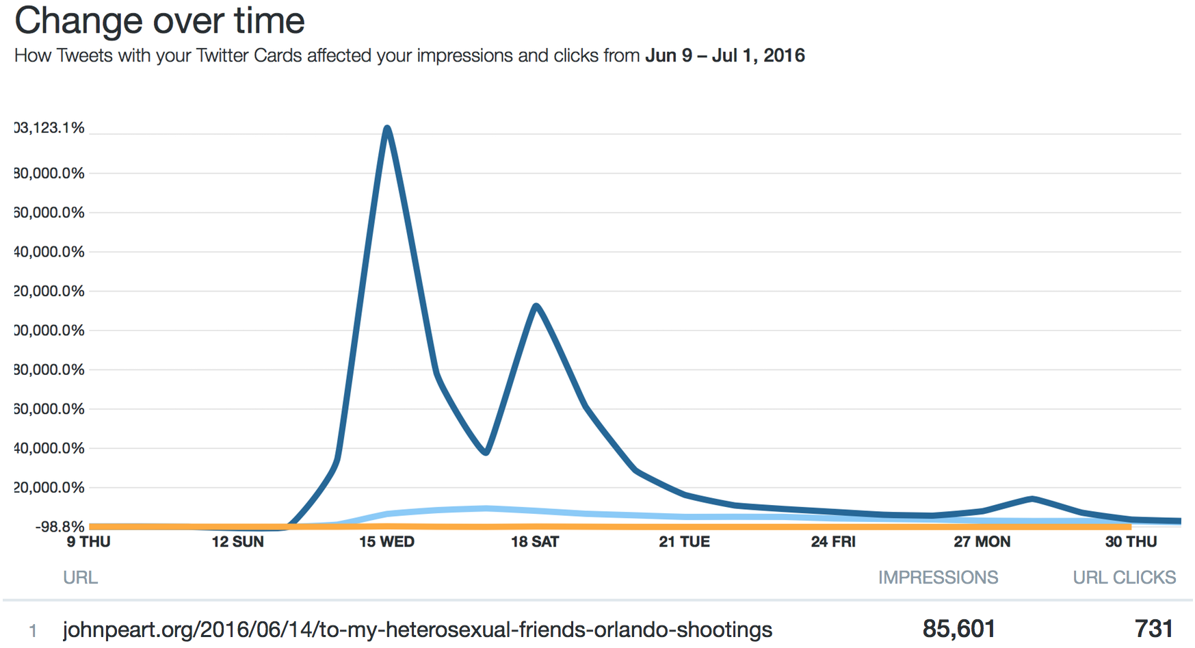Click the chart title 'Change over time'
[159, 21]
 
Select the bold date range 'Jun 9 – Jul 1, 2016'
[724, 55]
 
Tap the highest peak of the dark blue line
[387, 128]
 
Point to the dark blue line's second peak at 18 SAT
[536, 305]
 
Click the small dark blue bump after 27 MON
[1032, 498]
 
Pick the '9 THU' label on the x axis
[88, 542]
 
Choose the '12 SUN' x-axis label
[237, 542]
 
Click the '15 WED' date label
[386, 542]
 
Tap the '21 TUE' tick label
[684, 542]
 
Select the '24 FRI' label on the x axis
[833, 542]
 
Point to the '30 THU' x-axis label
[1131, 542]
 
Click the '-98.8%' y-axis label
[60, 526]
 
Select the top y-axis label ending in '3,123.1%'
[49, 128]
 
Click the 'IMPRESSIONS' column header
[938, 578]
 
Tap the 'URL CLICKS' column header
[1124, 578]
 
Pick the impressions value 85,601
[959, 628]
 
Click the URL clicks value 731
[1154, 628]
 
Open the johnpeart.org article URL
[417, 630]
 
